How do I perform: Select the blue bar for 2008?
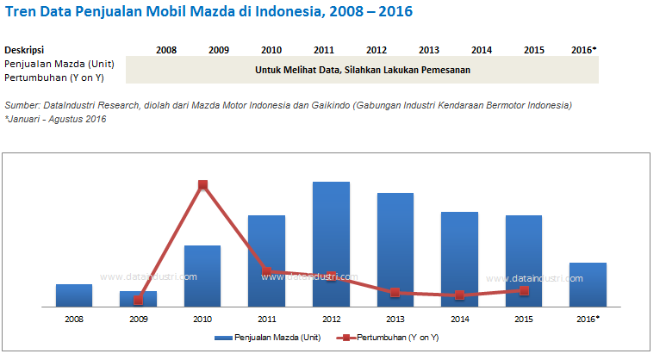(x=74, y=295)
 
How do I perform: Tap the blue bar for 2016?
(x=588, y=284)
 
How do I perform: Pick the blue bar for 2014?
(x=459, y=258)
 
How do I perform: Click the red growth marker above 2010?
(x=202, y=184)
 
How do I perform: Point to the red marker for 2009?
(x=138, y=300)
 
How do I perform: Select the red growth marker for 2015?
(x=524, y=290)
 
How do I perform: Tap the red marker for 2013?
(x=395, y=293)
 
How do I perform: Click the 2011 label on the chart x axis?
(x=266, y=320)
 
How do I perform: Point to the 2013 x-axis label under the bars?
(x=395, y=320)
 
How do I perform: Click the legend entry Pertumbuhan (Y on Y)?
(x=393, y=338)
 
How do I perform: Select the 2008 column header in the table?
(x=166, y=50)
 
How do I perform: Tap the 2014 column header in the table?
(x=482, y=50)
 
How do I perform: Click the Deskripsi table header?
(x=24, y=50)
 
